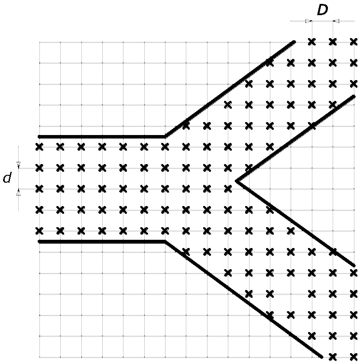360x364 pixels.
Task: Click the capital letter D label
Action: [x=322, y=10]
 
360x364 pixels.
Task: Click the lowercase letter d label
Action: [x=7, y=178]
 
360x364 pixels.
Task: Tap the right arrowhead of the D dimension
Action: [x=336, y=21]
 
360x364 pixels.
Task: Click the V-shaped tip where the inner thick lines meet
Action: [x=237, y=181]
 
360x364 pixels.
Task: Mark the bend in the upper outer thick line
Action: [x=165, y=136]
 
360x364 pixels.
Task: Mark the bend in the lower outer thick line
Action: [x=165, y=242]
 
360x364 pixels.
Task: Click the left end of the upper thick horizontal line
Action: [x=40, y=136]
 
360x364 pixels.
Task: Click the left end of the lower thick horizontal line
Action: [x=40, y=242]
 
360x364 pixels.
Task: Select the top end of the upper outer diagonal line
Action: [x=294, y=42]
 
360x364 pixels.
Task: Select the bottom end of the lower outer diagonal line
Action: [x=321, y=357]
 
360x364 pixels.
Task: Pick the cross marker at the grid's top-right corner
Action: [x=354, y=42]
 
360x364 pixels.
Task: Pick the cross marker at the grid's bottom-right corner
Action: [x=354, y=357]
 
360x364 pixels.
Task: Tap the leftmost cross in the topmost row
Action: [x=311, y=42]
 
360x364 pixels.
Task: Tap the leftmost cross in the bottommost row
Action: [x=333, y=357]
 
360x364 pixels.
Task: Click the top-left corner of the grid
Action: [x=39, y=42]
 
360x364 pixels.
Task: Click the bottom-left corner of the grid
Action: [x=39, y=357]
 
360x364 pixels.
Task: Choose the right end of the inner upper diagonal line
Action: [x=354, y=96]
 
